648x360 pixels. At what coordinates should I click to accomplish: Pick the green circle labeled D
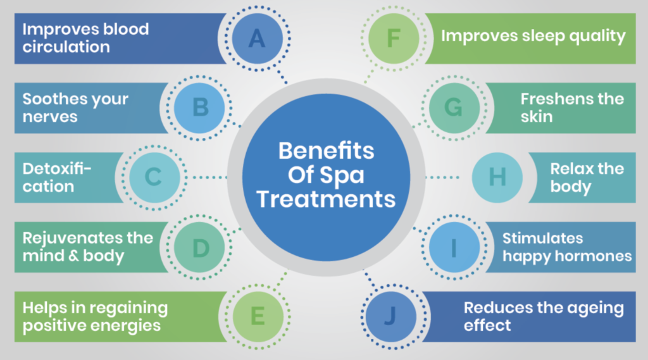tap(200, 248)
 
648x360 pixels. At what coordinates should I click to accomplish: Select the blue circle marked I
tap(453, 248)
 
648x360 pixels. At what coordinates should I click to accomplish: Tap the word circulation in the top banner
tap(66, 47)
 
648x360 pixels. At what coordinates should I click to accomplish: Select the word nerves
tap(50, 116)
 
